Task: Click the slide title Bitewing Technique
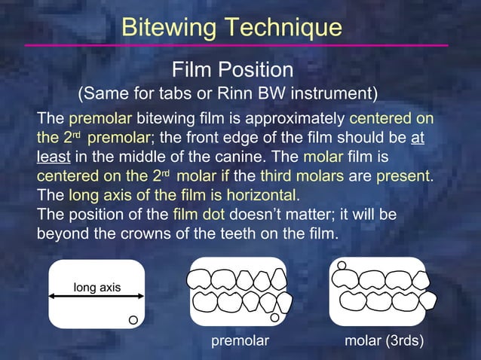pyautogui.click(x=231, y=27)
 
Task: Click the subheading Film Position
pyautogui.click(x=232, y=70)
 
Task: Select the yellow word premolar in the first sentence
pyautogui.click(x=100, y=119)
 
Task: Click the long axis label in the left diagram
pyautogui.click(x=97, y=288)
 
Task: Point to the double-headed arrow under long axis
pyautogui.click(x=96, y=298)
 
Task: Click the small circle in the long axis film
pyautogui.click(x=132, y=320)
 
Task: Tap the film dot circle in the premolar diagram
pyautogui.click(x=275, y=318)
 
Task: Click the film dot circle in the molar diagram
pyautogui.click(x=342, y=265)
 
